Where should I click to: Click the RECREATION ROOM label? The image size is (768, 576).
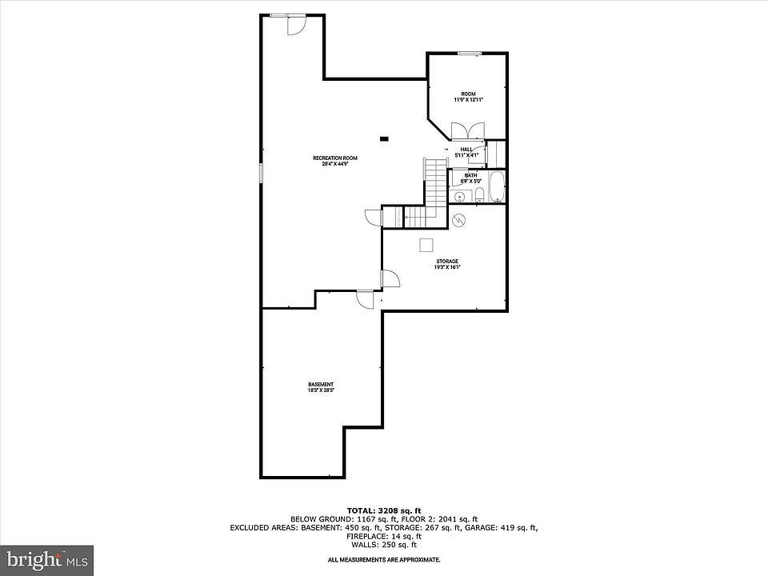(334, 158)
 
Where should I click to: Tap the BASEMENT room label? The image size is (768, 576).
(321, 384)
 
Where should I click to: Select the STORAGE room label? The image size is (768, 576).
(447, 262)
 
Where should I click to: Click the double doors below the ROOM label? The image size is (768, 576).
(466, 131)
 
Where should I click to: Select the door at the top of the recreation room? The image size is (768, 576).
(294, 25)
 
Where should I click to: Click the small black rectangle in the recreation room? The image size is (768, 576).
(385, 138)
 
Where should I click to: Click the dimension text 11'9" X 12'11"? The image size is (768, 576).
(468, 100)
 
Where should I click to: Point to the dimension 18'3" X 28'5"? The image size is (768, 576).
(321, 390)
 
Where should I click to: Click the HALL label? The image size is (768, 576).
(466, 149)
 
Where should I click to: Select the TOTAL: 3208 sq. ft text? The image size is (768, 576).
(383, 510)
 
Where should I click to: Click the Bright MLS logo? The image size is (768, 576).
(46, 558)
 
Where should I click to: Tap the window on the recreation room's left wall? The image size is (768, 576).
(261, 174)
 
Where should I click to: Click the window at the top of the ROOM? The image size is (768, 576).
(470, 54)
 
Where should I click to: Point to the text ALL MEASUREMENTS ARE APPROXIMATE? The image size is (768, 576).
(384, 560)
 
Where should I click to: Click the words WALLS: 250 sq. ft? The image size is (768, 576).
(384, 545)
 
